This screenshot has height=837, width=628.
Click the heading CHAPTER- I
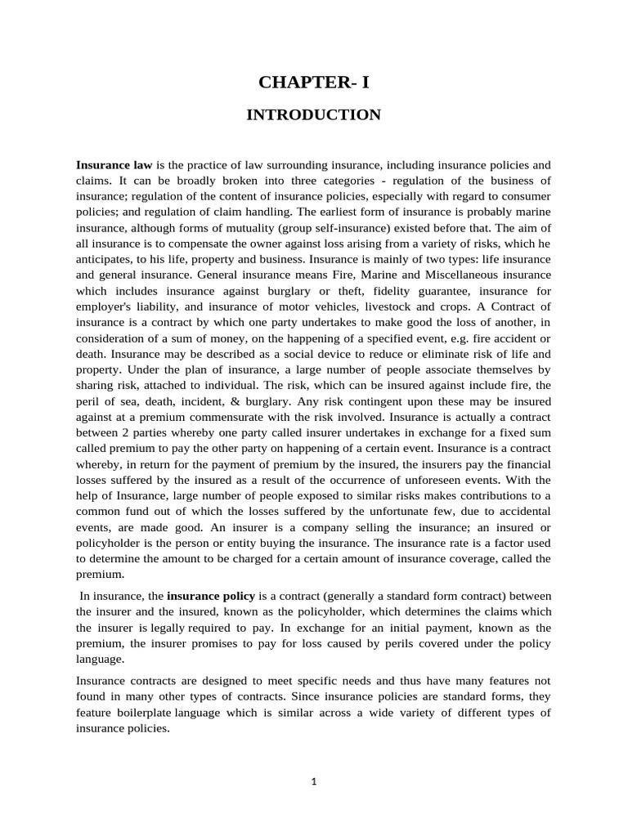tap(313, 82)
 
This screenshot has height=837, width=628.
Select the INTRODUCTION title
tap(313, 115)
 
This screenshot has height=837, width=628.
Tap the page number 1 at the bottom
tap(314, 781)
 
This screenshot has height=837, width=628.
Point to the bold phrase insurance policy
tap(211, 596)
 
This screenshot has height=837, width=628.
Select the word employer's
tap(110, 307)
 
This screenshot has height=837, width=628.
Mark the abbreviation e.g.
tap(445, 338)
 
